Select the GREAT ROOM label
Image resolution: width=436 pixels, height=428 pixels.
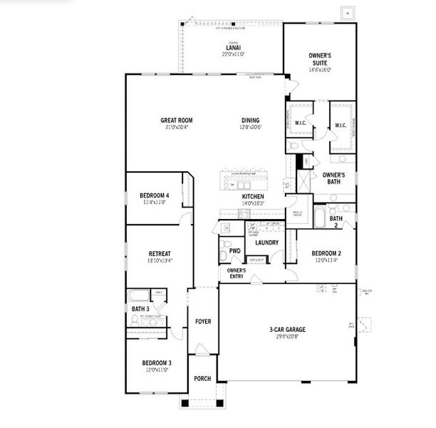176,121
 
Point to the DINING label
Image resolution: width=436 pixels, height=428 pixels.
250,121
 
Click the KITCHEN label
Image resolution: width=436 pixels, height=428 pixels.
253,196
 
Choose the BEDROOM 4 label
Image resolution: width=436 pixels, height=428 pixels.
154,195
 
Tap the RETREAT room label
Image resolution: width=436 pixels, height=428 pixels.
160,254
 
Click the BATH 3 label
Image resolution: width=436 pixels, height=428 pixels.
140,309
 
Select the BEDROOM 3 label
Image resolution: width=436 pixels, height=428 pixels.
156,363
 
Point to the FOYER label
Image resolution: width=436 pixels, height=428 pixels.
203,322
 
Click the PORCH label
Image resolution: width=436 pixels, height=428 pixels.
202,378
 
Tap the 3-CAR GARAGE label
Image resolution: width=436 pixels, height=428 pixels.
287,330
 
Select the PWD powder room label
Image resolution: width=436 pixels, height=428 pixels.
234,251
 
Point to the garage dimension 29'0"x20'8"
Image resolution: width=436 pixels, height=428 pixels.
287,337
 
